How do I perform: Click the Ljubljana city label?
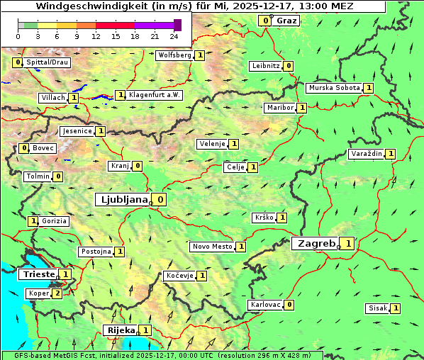click(x=122, y=200)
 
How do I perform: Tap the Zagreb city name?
click(x=316, y=243)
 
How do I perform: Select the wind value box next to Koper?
click(x=57, y=293)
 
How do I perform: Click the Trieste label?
click(x=38, y=274)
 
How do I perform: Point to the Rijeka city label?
click(x=120, y=330)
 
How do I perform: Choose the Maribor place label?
click(x=280, y=108)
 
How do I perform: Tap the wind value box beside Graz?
click(x=265, y=21)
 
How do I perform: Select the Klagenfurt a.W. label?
click(x=154, y=95)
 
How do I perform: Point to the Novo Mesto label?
click(x=212, y=247)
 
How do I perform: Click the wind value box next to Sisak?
click(x=395, y=308)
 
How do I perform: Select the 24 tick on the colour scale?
click(x=173, y=36)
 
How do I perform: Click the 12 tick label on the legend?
click(x=96, y=36)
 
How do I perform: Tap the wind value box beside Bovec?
click(x=24, y=148)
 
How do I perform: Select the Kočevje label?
click(x=179, y=275)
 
